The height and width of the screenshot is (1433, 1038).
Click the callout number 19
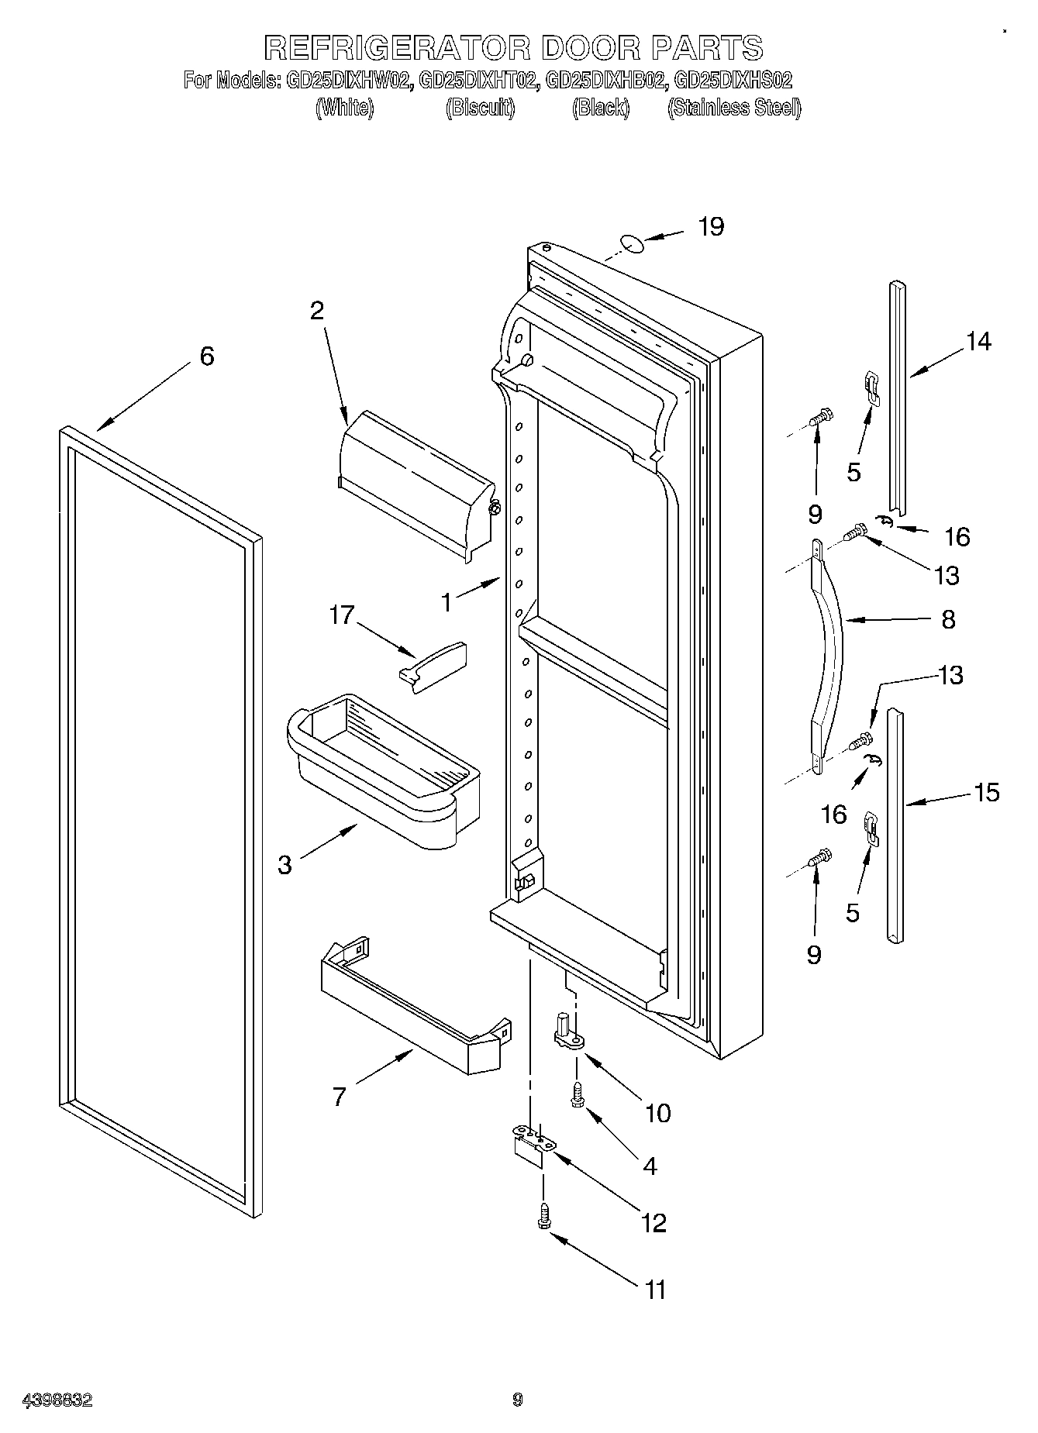(710, 227)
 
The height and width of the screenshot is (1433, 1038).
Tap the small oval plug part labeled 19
(631, 244)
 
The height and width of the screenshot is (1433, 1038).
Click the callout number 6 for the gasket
(206, 357)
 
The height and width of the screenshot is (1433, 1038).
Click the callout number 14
(978, 341)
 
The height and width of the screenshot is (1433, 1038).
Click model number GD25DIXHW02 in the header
(347, 80)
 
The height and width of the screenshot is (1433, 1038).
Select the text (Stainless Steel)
(733, 109)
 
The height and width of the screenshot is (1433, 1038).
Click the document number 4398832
(57, 1400)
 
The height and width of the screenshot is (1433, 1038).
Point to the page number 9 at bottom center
(518, 1400)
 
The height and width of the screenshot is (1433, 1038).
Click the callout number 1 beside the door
(447, 602)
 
